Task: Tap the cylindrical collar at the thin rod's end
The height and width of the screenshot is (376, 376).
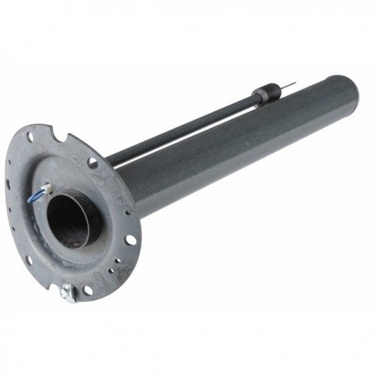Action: [x=264, y=93]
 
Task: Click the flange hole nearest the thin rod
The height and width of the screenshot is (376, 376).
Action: [x=93, y=163]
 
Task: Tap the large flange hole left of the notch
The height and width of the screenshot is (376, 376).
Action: [x=30, y=138]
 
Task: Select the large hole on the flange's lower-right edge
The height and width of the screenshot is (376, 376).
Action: [x=130, y=240]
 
